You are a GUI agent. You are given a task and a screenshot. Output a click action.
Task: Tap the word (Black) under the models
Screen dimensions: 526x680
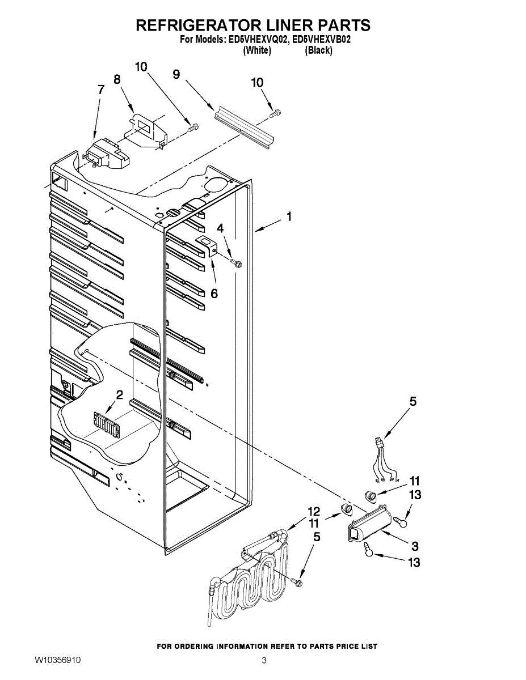pos(318,50)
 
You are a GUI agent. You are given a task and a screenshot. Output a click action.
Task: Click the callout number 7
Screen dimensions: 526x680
pos(100,90)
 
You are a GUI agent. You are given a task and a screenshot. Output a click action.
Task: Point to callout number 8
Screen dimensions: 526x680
pos(117,79)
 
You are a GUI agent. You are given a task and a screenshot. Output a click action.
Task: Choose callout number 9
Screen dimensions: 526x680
pos(176,74)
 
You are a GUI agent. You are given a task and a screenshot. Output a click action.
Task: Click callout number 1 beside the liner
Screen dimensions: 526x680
pos(289,216)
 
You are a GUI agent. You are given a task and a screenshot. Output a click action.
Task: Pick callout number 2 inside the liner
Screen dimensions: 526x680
pos(119,395)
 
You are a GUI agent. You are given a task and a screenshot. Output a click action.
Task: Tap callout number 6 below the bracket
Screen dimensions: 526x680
pos(214,294)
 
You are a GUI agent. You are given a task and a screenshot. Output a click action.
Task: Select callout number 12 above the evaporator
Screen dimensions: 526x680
pos(313,511)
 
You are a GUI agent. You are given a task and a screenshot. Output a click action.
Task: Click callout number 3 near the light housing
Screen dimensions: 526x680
pos(415,546)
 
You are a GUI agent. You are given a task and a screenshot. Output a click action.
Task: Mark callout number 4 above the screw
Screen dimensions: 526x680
pos(221,228)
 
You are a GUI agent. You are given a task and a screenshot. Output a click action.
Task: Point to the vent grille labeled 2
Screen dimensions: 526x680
pos(107,425)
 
